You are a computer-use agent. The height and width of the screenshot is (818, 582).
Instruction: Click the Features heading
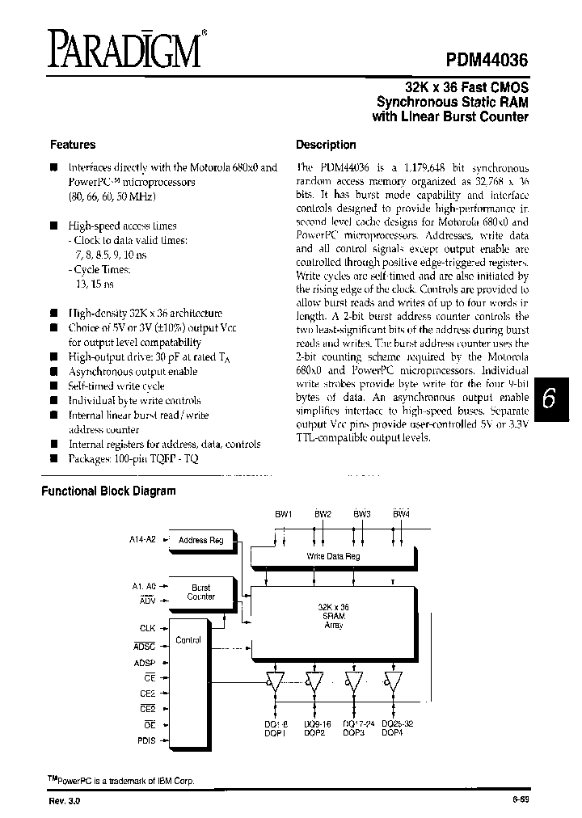[73, 145]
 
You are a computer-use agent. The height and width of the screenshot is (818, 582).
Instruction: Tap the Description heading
[326, 145]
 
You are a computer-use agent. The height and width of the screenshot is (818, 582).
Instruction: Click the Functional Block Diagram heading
[108, 491]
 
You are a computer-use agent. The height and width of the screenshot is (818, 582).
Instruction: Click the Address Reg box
[201, 540]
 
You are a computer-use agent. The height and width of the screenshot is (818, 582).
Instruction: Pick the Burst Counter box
[201, 592]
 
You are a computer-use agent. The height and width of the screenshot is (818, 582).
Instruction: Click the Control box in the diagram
[188, 639]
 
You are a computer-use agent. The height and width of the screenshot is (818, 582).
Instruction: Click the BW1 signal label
[284, 514]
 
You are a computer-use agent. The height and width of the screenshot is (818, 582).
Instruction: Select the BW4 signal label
[402, 514]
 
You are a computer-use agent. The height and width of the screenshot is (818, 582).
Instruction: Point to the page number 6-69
[521, 799]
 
